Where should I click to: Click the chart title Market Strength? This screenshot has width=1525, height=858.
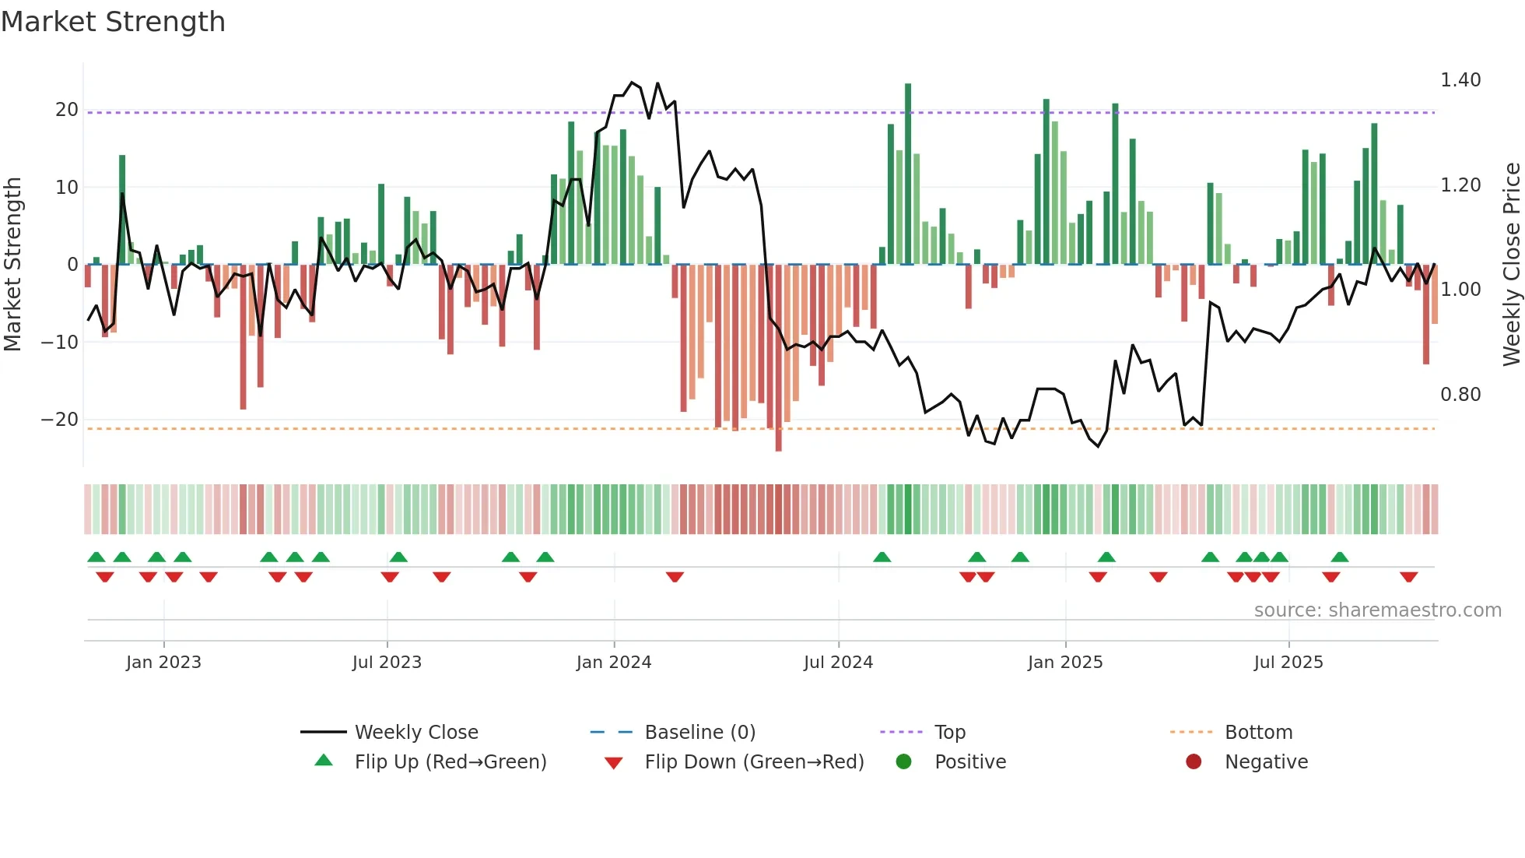(x=113, y=22)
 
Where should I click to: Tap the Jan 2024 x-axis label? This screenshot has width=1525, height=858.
(x=614, y=662)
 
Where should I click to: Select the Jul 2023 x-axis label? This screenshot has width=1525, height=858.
(x=387, y=662)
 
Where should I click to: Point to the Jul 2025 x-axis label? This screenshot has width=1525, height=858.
(x=1288, y=662)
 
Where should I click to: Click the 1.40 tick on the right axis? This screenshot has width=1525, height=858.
(x=1460, y=80)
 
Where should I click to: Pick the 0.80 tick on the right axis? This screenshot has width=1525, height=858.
(x=1460, y=395)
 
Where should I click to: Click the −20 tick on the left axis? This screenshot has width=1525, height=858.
(x=60, y=420)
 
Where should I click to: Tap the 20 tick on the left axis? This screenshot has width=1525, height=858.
(x=67, y=110)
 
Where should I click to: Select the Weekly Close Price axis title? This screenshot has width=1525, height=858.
(x=1511, y=264)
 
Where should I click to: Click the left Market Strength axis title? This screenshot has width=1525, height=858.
(x=12, y=264)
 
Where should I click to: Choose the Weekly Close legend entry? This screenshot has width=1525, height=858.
(x=416, y=732)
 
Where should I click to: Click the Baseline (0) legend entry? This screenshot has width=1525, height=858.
(x=699, y=732)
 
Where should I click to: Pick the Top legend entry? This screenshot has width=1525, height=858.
(x=949, y=732)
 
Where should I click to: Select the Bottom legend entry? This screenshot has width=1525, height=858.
(x=1258, y=732)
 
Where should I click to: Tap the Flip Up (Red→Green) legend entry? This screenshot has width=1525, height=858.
(x=450, y=761)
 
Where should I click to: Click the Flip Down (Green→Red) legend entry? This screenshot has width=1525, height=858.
(x=754, y=761)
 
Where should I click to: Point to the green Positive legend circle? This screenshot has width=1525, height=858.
(x=903, y=761)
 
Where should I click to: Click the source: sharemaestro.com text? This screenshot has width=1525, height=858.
(x=1377, y=610)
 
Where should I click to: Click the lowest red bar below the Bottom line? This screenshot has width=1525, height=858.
(x=778, y=358)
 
